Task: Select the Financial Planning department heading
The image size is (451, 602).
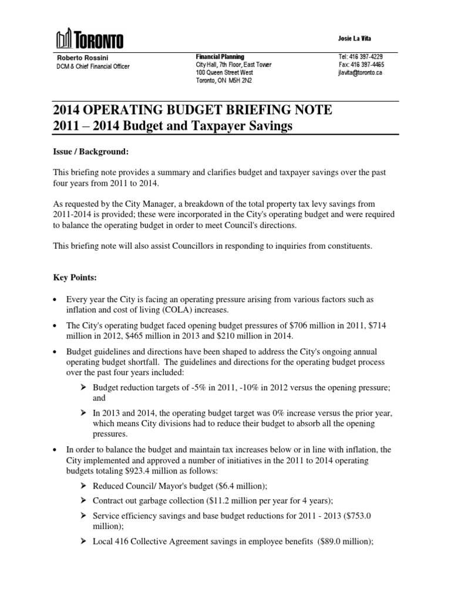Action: (x=220, y=56)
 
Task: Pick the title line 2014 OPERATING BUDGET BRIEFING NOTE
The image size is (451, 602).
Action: (x=193, y=110)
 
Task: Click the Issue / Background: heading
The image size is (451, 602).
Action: (x=91, y=152)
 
